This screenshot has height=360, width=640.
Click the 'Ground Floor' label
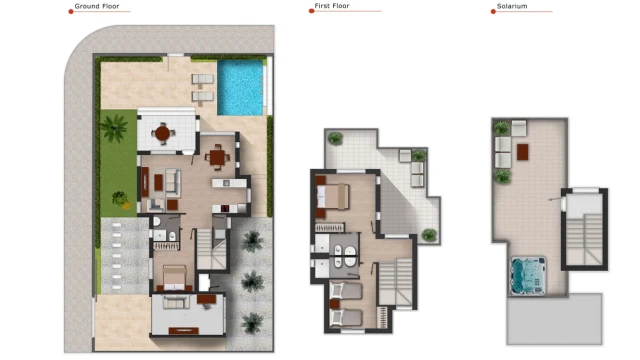(x=97, y=6)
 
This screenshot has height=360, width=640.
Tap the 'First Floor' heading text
(x=332, y=6)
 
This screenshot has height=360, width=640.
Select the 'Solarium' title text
(x=512, y=6)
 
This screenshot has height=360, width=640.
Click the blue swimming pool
(x=240, y=88)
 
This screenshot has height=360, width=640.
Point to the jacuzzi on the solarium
(x=528, y=276)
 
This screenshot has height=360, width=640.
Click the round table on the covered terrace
(x=162, y=133)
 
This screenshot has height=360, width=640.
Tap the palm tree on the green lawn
(x=114, y=128)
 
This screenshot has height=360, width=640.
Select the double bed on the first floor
(x=333, y=197)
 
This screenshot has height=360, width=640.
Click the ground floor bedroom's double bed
(x=175, y=278)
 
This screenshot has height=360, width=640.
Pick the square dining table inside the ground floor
(x=217, y=157)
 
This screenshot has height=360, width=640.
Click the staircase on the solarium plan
(x=584, y=239)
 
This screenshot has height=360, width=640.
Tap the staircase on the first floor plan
(x=396, y=282)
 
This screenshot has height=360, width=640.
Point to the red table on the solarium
(x=522, y=152)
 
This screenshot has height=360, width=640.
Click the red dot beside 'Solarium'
(x=493, y=11)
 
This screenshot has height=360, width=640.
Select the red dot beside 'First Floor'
(x=311, y=11)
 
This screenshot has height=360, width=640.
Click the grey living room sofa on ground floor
(x=173, y=182)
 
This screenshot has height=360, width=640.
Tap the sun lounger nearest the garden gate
(x=202, y=79)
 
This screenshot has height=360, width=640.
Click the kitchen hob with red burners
(x=225, y=209)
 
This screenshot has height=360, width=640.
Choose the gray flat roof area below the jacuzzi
(x=554, y=319)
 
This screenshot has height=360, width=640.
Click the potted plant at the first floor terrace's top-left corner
(x=335, y=139)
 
